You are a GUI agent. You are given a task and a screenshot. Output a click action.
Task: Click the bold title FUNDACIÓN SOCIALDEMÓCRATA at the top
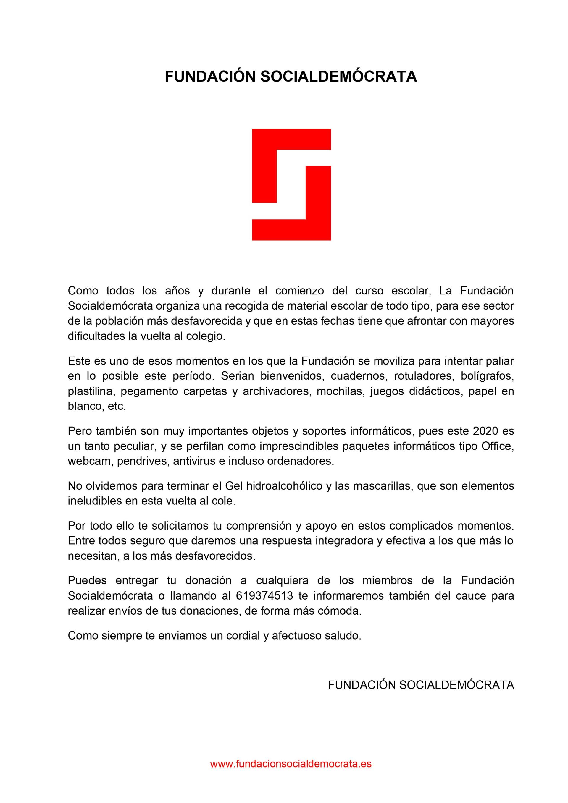[291, 77]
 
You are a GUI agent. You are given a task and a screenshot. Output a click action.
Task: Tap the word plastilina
[91, 391]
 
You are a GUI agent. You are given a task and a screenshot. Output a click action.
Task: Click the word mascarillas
[379, 486]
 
